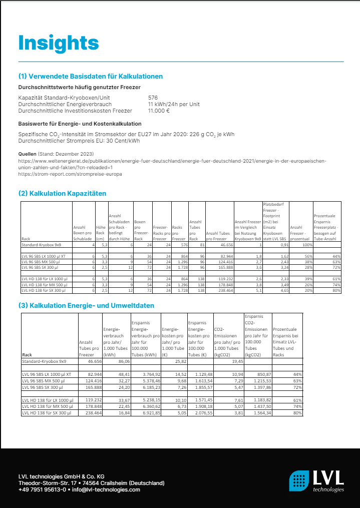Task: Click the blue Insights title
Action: (x=58, y=43)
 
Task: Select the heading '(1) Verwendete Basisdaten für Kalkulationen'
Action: (x=91, y=77)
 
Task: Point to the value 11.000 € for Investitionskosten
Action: (x=159, y=111)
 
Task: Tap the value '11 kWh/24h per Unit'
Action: (x=174, y=104)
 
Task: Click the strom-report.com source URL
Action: (x=70, y=174)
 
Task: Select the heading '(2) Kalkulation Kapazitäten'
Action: (x=62, y=193)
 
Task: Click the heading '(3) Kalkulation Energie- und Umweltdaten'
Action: (x=86, y=305)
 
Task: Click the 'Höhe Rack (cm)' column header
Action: (x=100, y=233)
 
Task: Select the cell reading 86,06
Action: (x=123, y=360)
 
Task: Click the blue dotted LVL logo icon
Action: (x=299, y=481)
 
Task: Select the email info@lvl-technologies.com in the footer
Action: (x=105, y=489)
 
